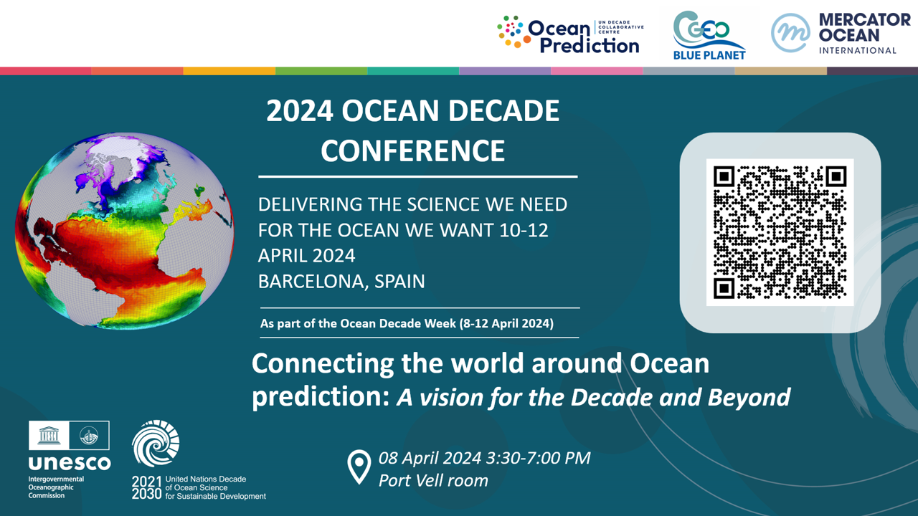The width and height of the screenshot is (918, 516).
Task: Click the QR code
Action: tap(780, 232)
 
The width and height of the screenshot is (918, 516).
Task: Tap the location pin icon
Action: tap(359, 467)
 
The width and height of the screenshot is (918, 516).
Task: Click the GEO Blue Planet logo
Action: tap(709, 35)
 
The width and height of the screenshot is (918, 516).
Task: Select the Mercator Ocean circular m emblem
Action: tap(790, 33)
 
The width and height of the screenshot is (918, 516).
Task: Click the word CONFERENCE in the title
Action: tap(412, 150)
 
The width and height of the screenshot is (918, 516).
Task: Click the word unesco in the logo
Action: tap(70, 463)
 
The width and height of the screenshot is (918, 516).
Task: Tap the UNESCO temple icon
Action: tap(49, 435)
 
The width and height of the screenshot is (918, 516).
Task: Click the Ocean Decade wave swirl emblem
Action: tap(156, 443)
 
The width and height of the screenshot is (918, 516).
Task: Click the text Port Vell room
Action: tap(433, 481)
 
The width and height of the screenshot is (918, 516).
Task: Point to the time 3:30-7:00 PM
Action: tap(538, 458)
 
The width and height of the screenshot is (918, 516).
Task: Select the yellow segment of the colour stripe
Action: tap(229, 71)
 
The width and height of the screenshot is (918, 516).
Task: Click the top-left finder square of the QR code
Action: tap(724, 176)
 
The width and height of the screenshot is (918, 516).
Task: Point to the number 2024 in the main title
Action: tap(300, 111)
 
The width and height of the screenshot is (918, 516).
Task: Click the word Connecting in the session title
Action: tap(323, 364)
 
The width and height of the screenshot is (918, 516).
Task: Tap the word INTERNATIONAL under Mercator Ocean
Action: tap(858, 51)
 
